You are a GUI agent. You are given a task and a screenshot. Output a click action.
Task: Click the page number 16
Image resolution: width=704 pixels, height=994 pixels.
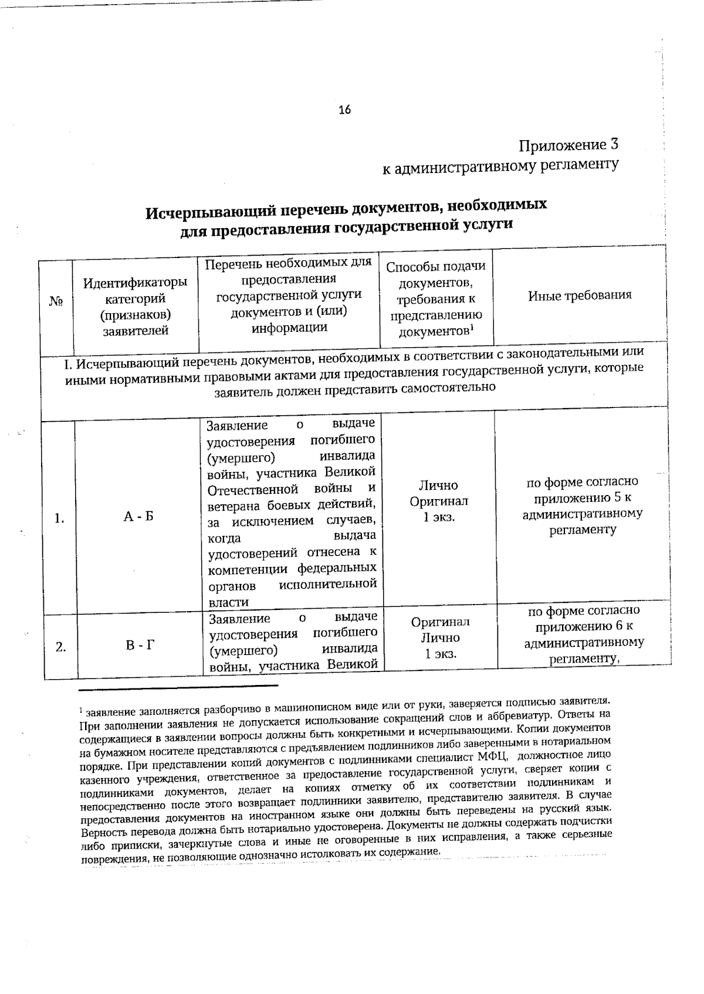click(x=344, y=110)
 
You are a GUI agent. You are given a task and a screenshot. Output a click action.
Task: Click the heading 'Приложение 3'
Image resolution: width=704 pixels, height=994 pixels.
click(x=568, y=144)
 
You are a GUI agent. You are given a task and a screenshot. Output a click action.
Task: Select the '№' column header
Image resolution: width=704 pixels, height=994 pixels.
click(x=56, y=301)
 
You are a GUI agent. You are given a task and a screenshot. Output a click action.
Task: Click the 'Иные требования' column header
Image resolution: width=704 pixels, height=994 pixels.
click(x=580, y=295)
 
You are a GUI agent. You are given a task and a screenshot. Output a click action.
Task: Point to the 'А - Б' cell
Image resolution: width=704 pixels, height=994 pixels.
click(x=138, y=517)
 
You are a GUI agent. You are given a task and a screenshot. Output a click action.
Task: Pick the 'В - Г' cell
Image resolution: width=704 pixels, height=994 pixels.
click(x=140, y=646)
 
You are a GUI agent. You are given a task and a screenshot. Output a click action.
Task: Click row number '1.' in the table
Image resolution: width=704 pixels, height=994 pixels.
click(x=59, y=518)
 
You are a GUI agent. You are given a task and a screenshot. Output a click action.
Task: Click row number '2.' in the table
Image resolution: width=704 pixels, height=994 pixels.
click(x=60, y=647)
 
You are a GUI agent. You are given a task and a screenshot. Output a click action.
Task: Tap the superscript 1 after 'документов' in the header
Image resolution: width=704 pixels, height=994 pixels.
click(x=472, y=328)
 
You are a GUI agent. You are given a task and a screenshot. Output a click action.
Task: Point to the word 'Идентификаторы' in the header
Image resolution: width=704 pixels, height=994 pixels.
click(x=136, y=283)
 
